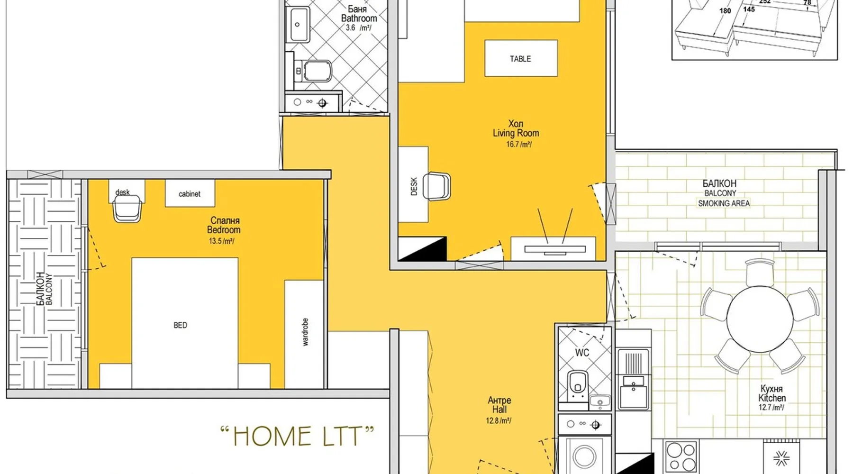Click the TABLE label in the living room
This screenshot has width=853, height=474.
click(520, 59)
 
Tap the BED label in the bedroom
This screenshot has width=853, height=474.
click(180, 325)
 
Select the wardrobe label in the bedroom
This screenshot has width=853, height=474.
click(305, 332)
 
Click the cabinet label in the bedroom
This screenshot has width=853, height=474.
click(190, 194)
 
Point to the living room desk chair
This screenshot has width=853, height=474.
click(436, 186)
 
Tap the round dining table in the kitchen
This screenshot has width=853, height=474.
click(760, 319)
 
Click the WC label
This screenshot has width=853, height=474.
click(582, 353)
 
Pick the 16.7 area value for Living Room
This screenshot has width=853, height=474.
click(519, 144)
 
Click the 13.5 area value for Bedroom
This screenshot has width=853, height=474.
click(222, 241)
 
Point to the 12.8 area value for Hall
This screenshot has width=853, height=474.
click(499, 420)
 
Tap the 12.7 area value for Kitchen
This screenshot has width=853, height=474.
click(771, 407)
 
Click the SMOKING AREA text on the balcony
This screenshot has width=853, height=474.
click(724, 203)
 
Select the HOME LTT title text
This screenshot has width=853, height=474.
click(297, 436)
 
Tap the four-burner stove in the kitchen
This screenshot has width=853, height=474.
click(681, 456)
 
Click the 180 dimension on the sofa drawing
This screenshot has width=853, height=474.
click(725, 11)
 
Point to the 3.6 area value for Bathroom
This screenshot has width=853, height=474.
click(350, 27)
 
